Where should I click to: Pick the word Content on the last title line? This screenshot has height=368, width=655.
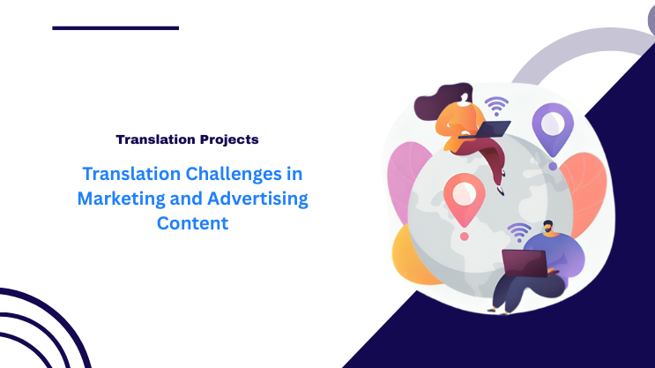(192, 223)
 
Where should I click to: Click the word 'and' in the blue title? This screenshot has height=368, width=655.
(178, 199)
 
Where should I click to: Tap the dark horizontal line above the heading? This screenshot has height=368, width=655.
(115, 28)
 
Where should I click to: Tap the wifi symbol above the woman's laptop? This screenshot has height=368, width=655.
(497, 106)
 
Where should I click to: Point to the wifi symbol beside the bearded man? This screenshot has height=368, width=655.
(518, 231)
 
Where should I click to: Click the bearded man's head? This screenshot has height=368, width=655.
(549, 229)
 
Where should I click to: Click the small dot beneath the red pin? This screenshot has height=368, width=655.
(464, 237)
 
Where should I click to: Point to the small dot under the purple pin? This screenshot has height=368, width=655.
(553, 165)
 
